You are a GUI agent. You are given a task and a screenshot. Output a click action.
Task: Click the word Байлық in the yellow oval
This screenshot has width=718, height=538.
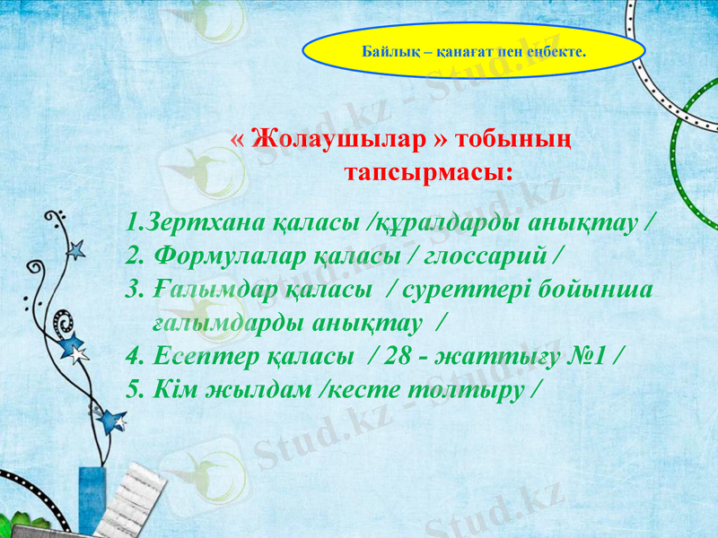(384, 52)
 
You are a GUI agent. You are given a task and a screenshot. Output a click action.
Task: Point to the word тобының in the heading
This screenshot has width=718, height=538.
(512, 142)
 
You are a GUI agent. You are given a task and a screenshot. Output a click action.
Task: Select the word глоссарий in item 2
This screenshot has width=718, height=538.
(485, 256)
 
